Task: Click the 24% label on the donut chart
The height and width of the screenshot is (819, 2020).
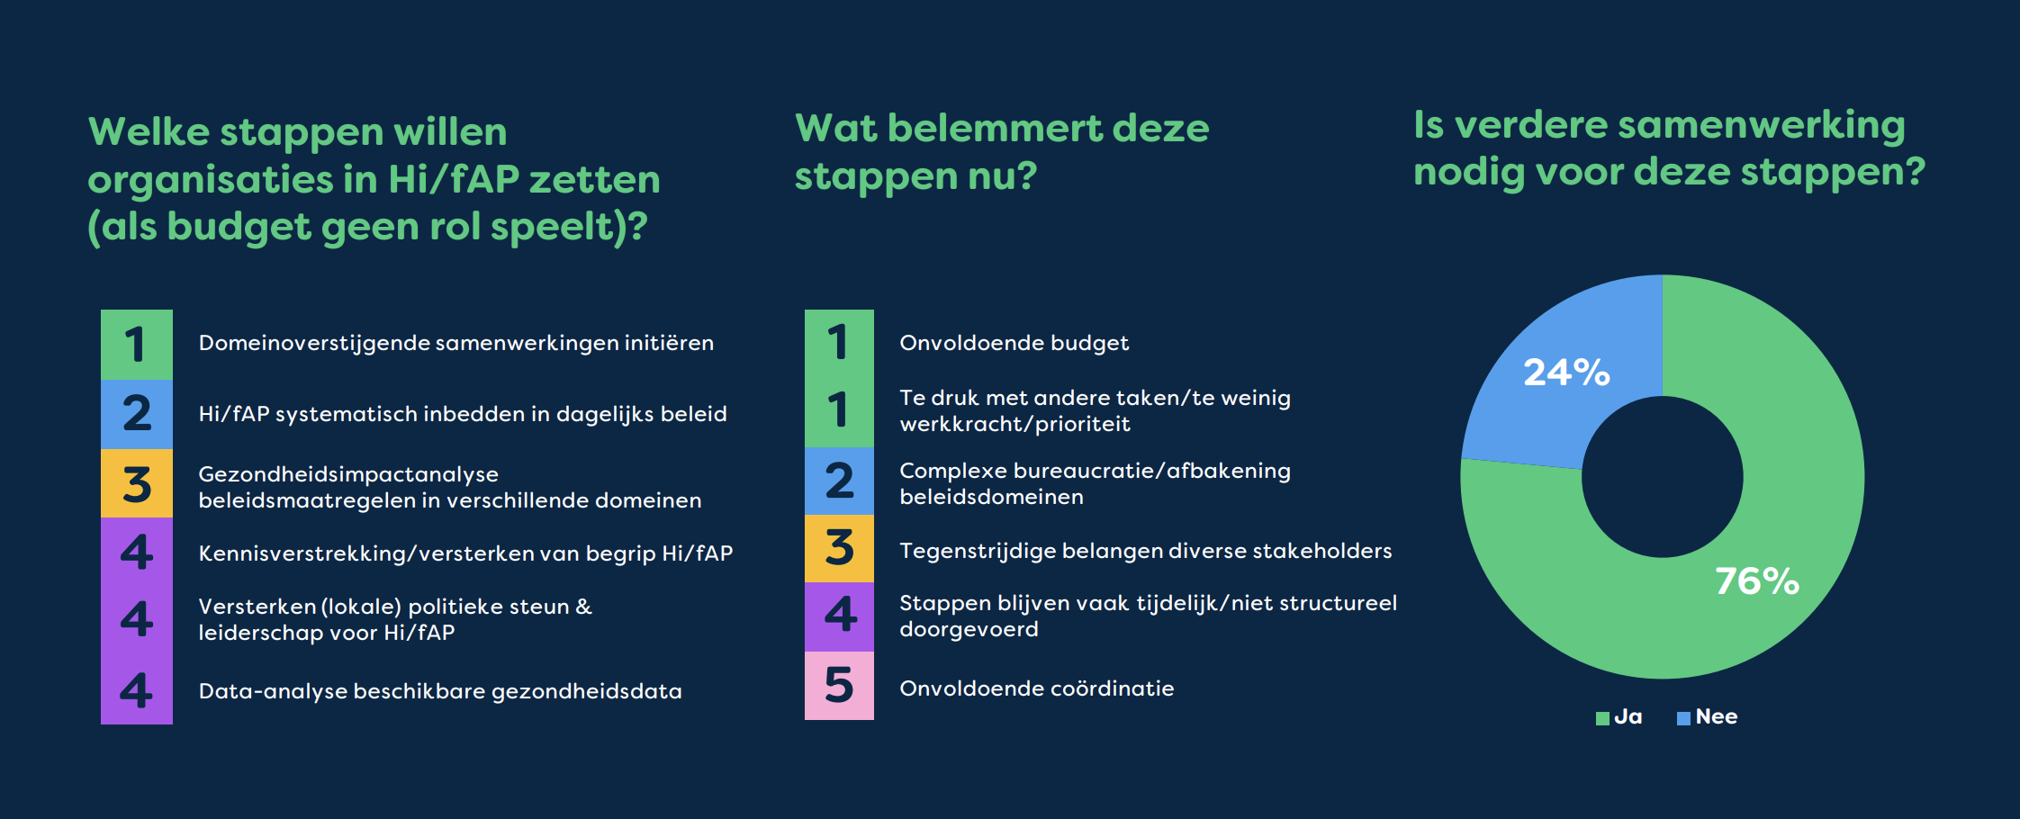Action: coord(1566,372)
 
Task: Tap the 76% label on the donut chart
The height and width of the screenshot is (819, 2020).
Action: coord(1757,580)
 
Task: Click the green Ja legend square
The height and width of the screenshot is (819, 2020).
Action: coord(1602,718)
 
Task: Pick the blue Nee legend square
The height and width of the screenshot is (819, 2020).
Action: coord(1683,718)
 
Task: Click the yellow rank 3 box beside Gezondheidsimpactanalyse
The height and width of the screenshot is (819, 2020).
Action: coord(137,483)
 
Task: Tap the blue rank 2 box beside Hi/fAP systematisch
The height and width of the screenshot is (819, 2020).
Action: coord(137,414)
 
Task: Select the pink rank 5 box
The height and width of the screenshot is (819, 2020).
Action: coord(839,685)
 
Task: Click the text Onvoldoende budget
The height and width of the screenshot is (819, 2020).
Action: coord(1014,343)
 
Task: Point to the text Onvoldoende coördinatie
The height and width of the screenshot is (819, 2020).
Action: coord(1037,688)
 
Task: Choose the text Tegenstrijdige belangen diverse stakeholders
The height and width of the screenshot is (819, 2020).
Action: coord(1146,551)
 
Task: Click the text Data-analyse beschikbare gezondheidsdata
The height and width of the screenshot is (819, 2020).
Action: coord(440,691)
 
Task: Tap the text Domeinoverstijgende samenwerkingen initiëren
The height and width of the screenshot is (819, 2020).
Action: coord(456,343)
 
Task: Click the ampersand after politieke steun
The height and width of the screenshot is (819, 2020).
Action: coord(584,607)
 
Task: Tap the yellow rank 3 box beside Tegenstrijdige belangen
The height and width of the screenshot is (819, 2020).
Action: coord(839,548)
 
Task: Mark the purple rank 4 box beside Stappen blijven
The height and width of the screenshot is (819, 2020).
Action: coord(839,616)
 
